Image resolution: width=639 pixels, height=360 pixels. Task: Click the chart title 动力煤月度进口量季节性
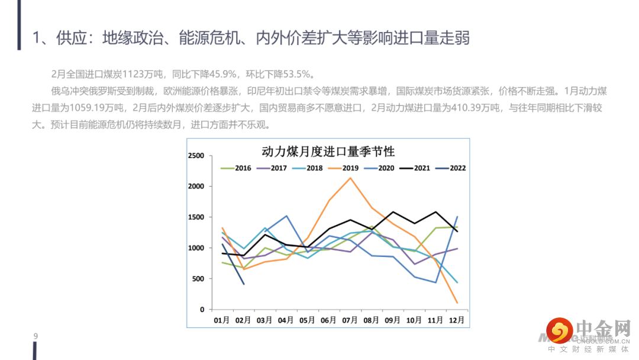[x=328, y=151]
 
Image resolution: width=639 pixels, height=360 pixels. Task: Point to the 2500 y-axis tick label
[x=195, y=156]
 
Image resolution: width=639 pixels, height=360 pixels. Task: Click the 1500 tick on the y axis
[x=195, y=217]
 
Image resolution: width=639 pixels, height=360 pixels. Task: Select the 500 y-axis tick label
[x=198, y=279]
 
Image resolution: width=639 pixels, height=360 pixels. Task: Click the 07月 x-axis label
[x=350, y=320]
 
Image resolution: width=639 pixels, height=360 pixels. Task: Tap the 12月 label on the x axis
[x=457, y=320]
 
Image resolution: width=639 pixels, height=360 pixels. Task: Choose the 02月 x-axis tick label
[x=243, y=320]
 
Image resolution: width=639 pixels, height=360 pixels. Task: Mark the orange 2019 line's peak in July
[x=350, y=178]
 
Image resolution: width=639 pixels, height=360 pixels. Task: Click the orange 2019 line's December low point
[x=457, y=303]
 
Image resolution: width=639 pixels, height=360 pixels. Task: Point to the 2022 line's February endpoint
[x=244, y=284]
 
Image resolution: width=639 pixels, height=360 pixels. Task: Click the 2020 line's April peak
[x=286, y=216]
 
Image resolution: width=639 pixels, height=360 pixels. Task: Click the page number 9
[x=35, y=337]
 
